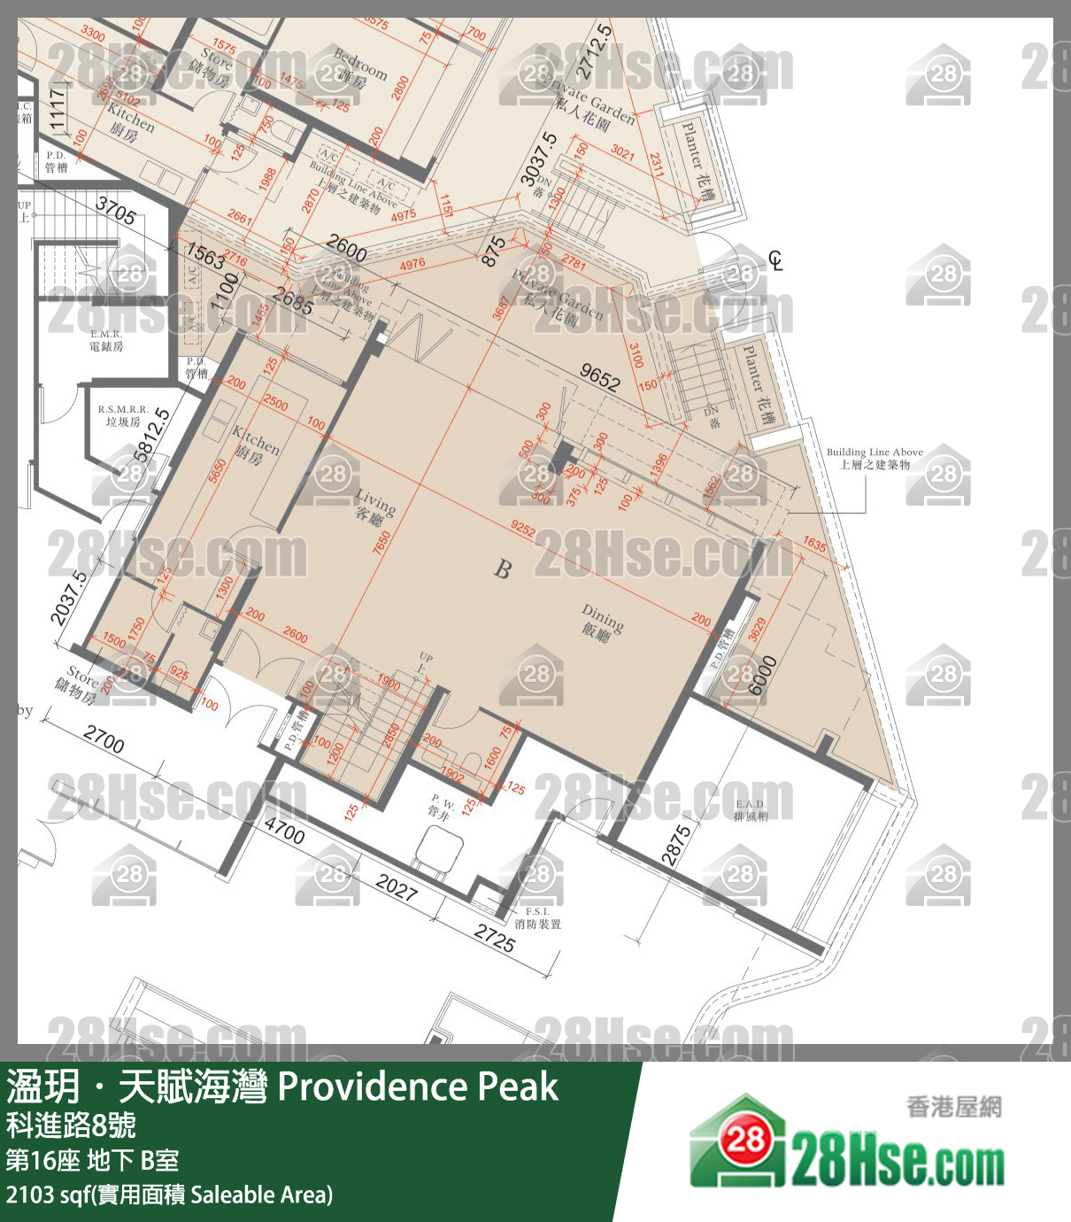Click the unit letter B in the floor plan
[503, 568]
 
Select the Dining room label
[601, 622]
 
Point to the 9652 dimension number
[599, 378]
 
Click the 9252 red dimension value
[523, 529]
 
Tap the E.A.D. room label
[751, 810]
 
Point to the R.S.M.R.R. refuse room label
[123, 415]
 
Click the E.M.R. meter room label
[106, 340]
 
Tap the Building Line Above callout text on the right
[875, 458]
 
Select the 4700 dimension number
[284, 831]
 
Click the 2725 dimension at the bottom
[494, 938]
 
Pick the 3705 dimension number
[116, 212]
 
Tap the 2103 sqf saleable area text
[169, 1195]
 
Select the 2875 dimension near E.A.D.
[677, 845]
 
